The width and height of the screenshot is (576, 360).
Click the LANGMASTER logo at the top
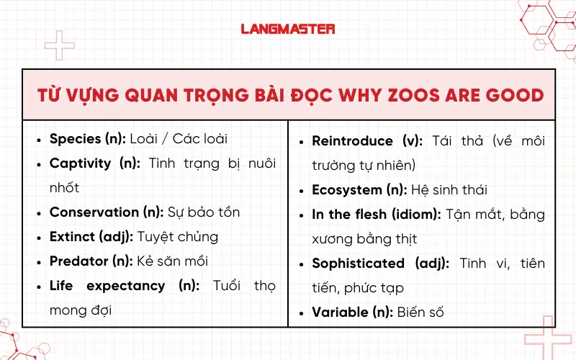288,30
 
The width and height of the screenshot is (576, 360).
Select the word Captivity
79,163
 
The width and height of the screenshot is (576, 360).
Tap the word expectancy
125,286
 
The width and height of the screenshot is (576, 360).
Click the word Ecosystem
346,190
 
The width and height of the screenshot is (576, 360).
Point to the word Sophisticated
359,264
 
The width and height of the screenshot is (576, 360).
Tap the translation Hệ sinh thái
449,190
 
